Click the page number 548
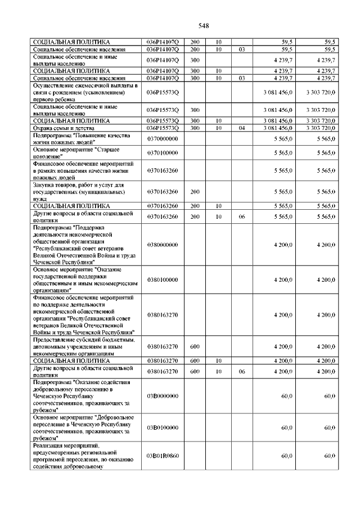point(204,25)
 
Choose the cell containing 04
point(241,128)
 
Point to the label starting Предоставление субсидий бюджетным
point(84,346)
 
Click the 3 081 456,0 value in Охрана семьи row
point(277,128)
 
